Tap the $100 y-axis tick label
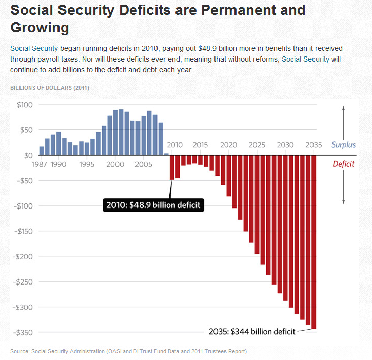pos(25,105)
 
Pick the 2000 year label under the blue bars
pos(116,165)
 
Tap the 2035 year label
pos(314,144)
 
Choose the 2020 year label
pos(228,144)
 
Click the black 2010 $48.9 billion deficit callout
pos(153,205)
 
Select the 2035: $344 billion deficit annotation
pos(252,332)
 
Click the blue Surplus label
pos(343,145)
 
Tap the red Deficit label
pos(343,164)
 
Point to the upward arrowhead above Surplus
pos(343,107)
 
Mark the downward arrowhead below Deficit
pos(343,201)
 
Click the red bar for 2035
pos(314,241)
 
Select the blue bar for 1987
pos(42,150)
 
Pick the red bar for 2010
pos(172,167)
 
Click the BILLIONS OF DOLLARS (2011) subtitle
pos(50,88)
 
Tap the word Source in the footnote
pos(19,351)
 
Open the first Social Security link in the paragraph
pos(34,48)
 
